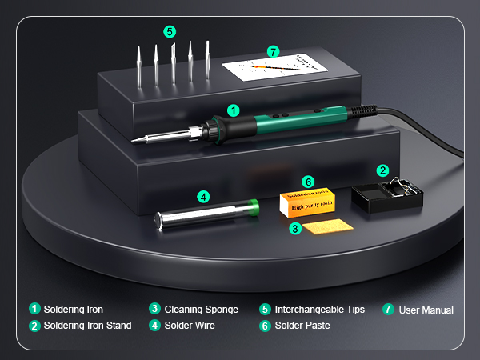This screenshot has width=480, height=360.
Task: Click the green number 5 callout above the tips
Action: point(169,32)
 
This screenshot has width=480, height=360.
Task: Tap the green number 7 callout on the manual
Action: point(274,51)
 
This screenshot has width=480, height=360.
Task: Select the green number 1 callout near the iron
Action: point(234,110)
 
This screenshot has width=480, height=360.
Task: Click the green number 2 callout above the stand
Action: point(383,170)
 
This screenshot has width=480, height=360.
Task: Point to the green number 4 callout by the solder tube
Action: point(204,196)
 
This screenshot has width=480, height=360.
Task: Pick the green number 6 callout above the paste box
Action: point(308,182)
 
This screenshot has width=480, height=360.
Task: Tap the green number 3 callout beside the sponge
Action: point(294,229)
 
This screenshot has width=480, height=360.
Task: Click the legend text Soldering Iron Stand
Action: point(87,326)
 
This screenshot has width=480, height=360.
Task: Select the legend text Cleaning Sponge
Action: point(201,310)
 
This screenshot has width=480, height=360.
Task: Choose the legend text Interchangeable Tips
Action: point(319,310)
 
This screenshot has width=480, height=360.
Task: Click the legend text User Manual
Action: point(426,310)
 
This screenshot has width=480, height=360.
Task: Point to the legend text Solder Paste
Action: point(302,326)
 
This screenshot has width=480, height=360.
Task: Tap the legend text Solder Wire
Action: point(190,326)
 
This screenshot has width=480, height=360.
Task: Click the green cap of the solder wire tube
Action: point(251,207)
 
